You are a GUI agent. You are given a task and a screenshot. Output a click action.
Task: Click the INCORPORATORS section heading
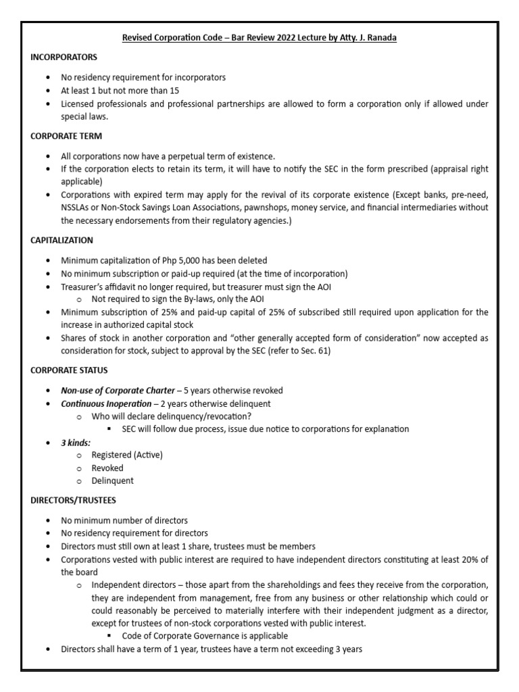click(x=64, y=57)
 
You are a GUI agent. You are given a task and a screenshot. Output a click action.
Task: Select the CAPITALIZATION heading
click(x=61, y=240)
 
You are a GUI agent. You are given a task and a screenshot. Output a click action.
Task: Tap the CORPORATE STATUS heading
click(x=69, y=370)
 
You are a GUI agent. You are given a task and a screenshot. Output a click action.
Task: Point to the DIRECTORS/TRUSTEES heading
click(x=73, y=500)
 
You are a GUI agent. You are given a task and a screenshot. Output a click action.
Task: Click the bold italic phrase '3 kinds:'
click(x=77, y=442)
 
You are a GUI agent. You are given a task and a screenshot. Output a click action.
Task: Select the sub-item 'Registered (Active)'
click(x=127, y=455)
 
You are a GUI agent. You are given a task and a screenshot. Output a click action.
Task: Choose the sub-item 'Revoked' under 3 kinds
click(x=108, y=468)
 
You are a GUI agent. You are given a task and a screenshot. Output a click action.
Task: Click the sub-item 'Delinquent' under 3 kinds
click(x=112, y=480)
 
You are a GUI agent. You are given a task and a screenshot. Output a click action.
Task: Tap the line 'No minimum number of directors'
click(x=124, y=520)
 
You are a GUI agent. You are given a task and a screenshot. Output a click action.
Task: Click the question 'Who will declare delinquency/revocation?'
click(x=170, y=416)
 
